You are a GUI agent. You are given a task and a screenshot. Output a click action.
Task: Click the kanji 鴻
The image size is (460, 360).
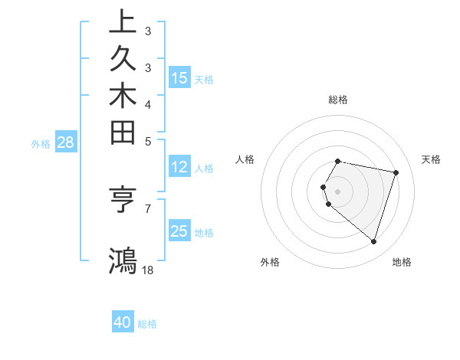click(123, 260)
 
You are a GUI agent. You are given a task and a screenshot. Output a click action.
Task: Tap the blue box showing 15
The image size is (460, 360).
click(179, 78)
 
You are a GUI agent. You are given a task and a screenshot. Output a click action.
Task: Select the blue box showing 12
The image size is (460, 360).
click(179, 167)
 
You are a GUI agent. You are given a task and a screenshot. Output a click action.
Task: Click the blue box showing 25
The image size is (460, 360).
click(179, 231)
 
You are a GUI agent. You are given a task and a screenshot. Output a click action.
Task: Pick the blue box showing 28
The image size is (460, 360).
click(66, 142)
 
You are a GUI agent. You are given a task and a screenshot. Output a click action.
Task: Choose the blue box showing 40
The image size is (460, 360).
click(123, 322)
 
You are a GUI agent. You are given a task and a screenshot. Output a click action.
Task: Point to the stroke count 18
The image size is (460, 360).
click(148, 270)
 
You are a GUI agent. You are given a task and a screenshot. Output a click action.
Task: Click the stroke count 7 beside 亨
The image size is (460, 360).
click(148, 208)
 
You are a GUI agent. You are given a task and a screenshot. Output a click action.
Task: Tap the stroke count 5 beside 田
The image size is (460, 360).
click(148, 141)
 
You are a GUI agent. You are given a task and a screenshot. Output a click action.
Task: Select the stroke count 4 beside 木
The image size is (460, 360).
click(148, 104)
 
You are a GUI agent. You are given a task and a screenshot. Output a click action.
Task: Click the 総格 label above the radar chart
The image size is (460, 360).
click(338, 100)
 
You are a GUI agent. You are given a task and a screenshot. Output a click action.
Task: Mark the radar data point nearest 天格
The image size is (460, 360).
click(396, 173)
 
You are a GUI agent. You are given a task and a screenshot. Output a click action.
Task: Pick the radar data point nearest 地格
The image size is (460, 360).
click(373, 242)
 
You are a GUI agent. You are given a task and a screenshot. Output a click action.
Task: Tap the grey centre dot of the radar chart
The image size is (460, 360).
click(338, 191)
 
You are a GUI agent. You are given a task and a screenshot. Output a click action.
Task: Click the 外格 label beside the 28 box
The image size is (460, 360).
click(41, 143)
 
